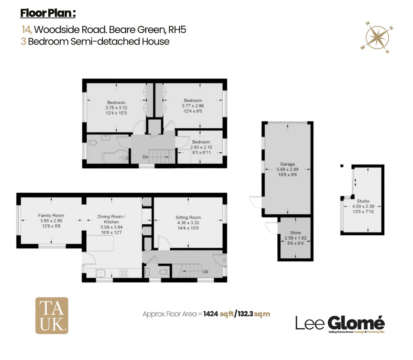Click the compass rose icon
tap(378, 37)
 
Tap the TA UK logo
tap(52, 316)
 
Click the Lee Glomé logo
tap(340, 324)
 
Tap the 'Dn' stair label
tap(146, 157)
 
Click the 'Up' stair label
tap(205, 272)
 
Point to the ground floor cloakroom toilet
tap(164, 272)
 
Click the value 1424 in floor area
tap(211, 314)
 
